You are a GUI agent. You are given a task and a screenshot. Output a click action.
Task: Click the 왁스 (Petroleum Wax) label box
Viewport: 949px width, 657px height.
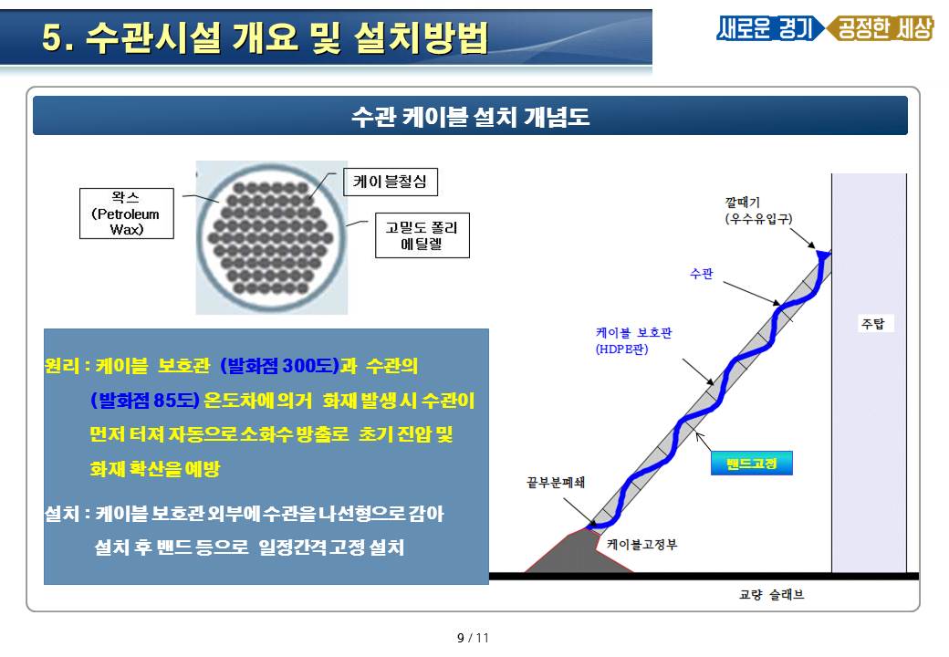click(x=127, y=214)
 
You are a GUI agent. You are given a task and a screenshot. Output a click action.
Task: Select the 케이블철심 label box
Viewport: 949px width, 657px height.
click(x=391, y=182)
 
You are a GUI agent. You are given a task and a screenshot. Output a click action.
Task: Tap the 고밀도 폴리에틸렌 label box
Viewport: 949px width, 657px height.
click(x=422, y=235)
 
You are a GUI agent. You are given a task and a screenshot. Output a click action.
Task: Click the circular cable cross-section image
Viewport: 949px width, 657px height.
click(x=272, y=238)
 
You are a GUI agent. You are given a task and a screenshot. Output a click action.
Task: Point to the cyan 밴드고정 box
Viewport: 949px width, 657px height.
click(x=751, y=464)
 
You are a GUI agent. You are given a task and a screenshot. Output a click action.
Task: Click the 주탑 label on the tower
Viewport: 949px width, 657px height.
click(x=872, y=324)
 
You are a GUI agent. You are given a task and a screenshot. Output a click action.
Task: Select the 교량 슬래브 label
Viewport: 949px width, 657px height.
click(x=772, y=595)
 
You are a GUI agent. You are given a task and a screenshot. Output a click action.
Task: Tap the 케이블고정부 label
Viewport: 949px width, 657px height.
click(x=642, y=545)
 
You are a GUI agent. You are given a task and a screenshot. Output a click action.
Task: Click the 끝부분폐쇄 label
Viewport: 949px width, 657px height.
click(x=556, y=482)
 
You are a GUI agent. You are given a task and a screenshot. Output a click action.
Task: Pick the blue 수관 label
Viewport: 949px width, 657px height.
click(x=702, y=274)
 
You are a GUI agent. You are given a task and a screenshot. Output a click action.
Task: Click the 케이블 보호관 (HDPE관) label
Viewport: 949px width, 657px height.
click(x=633, y=340)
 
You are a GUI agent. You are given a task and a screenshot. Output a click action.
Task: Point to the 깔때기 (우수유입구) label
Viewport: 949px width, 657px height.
click(x=758, y=211)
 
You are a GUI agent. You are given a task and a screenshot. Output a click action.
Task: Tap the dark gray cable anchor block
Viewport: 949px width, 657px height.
click(x=578, y=552)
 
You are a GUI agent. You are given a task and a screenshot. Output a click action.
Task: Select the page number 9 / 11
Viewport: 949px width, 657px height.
click(x=473, y=638)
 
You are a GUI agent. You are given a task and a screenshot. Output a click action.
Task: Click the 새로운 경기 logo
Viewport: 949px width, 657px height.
click(x=767, y=27)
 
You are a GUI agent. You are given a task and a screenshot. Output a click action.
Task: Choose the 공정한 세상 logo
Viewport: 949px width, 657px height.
click(x=881, y=27)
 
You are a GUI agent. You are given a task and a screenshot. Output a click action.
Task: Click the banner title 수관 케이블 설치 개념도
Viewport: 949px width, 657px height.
click(x=470, y=116)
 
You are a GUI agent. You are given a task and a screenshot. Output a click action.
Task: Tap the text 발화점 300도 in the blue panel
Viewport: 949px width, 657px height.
click(x=277, y=365)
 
